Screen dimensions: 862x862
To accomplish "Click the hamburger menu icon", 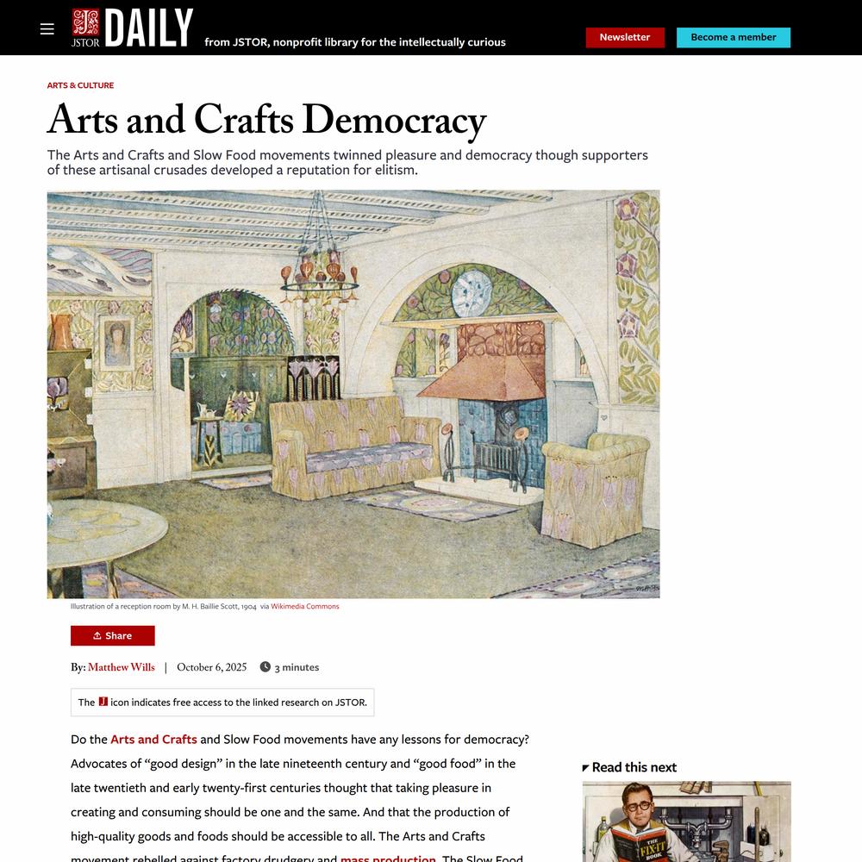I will [47, 29].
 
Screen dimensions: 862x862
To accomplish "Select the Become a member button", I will [733, 38].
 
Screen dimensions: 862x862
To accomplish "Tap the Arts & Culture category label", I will [80, 85].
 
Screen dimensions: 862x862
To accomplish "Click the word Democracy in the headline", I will [394, 121].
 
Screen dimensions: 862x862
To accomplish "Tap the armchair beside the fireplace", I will [594, 487].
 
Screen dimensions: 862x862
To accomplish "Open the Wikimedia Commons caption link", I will [305, 607].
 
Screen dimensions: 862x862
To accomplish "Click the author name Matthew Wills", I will [122, 667].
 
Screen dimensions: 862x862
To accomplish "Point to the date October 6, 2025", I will [212, 667].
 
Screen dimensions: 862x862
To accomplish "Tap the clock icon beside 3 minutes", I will [265, 667].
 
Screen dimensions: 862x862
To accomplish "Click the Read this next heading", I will [634, 767].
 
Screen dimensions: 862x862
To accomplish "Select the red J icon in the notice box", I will [103, 702].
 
